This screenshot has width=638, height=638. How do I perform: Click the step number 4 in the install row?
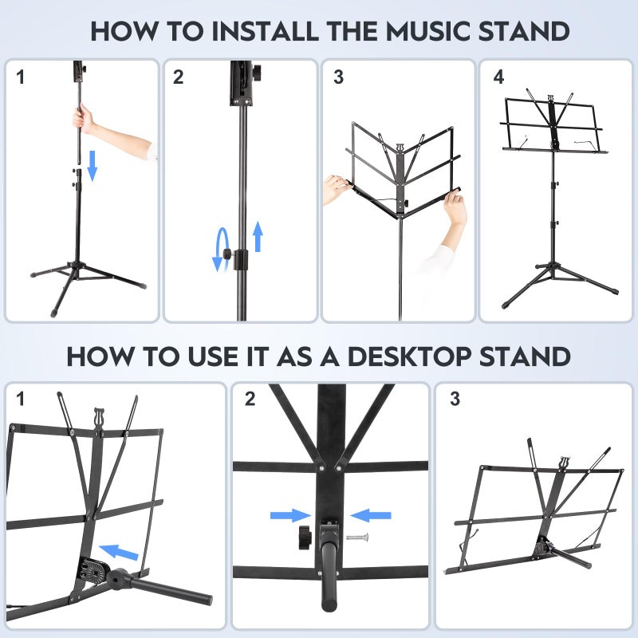coord(499,77)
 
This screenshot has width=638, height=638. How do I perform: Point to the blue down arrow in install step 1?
coord(92,164)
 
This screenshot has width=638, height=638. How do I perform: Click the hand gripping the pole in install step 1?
coord(81,120)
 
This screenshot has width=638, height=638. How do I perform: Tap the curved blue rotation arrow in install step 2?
coord(220,250)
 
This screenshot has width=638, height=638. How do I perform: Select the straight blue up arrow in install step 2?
coord(258,238)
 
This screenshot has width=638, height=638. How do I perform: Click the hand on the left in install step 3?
coord(338,188)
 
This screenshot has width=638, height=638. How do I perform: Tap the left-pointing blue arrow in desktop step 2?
coord(371,516)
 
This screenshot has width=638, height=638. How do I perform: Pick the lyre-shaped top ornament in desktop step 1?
coord(98,417)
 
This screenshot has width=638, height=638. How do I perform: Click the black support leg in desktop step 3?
coord(571,557)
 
